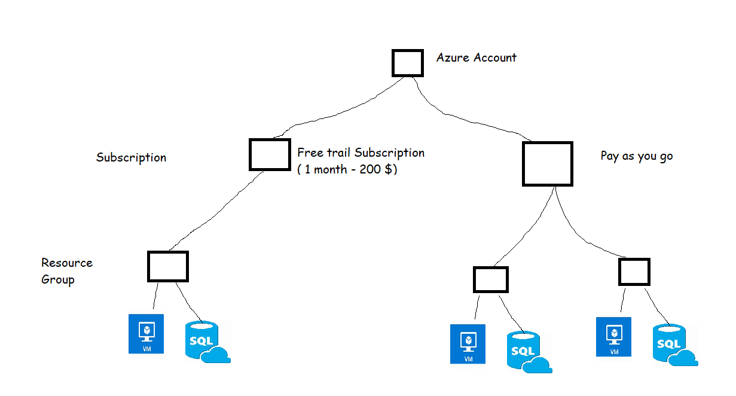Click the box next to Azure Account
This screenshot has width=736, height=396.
[x=408, y=63]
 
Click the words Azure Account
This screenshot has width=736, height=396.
[x=476, y=57]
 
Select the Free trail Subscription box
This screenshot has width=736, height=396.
[x=270, y=154]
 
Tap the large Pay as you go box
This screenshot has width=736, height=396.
[x=547, y=163]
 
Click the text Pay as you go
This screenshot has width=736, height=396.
[x=636, y=156]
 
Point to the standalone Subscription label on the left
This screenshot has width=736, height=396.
[x=131, y=158]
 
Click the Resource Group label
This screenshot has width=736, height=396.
[x=66, y=271]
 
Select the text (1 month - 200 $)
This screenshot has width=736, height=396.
[x=347, y=169]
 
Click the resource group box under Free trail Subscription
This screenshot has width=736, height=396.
[x=168, y=266]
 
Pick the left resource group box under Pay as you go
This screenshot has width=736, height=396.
[x=490, y=279]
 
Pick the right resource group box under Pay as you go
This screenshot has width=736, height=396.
[x=634, y=271]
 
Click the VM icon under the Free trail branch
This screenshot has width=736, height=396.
[x=146, y=333]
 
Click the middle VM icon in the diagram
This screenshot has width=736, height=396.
[x=468, y=344]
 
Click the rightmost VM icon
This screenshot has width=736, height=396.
[x=614, y=337]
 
